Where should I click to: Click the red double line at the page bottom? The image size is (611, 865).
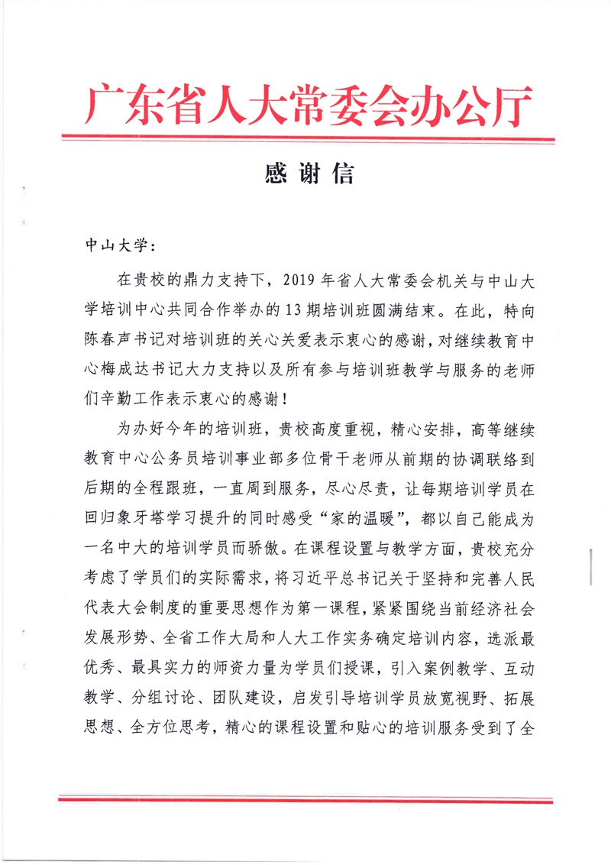pyautogui.click(x=305, y=800)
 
